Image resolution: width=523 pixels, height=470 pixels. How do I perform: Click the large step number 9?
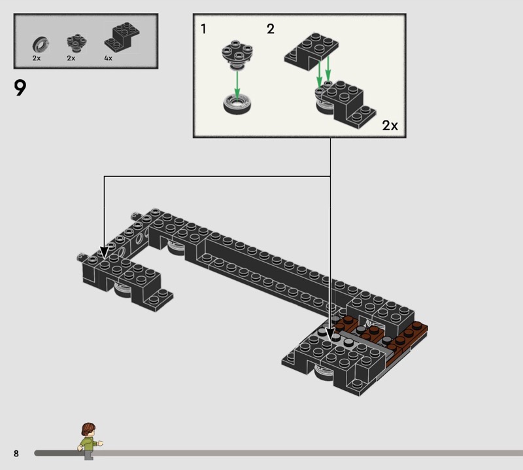(x=20, y=88)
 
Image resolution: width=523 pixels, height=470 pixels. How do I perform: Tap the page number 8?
(x=16, y=453)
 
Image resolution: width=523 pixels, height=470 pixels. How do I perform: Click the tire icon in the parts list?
(x=41, y=45)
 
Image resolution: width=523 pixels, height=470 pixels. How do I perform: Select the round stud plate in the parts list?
(x=76, y=43)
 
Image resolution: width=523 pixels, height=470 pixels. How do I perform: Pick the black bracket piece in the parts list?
(x=122, y=37)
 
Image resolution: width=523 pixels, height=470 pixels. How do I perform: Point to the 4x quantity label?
(x=108, y=58)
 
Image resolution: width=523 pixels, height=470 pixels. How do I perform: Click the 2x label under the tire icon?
(x=37, y=58)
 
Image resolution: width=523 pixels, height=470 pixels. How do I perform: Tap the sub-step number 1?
(x=203, y=29)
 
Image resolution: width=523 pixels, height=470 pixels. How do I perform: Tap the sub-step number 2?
(x=271, y=29)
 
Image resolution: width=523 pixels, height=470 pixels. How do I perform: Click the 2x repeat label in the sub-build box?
(x=390, y=126)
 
